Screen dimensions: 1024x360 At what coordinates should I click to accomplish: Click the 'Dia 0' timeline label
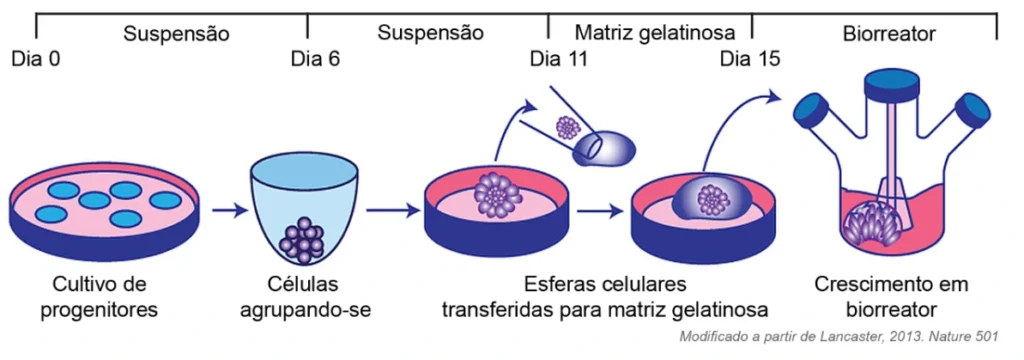37,59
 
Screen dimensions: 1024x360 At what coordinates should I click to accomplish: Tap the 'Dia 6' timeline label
315,59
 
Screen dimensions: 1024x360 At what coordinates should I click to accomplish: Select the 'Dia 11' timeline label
559,59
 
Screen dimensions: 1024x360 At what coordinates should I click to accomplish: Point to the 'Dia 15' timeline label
750,59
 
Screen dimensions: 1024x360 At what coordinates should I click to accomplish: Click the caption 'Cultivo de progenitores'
99,297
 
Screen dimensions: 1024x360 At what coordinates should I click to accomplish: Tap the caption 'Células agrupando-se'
305,297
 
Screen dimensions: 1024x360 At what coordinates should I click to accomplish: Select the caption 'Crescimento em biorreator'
891,297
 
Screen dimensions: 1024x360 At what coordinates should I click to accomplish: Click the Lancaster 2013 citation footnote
839,337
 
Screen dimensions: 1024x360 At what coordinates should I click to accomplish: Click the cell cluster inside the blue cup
302,241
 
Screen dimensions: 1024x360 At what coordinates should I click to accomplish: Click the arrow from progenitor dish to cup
229,210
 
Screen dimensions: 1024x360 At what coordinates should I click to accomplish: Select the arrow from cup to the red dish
392,210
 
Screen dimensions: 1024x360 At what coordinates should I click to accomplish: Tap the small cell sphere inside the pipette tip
568,127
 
